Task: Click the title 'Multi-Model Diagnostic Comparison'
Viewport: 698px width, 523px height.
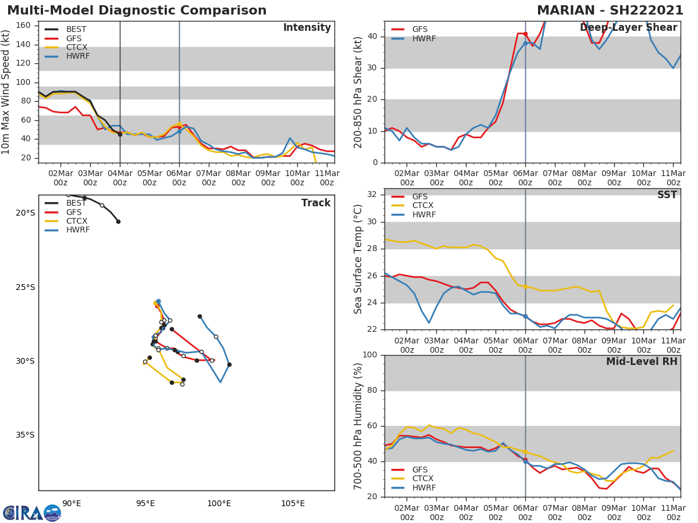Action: tap(137, 10)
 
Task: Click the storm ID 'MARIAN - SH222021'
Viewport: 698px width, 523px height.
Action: tap(610, 10)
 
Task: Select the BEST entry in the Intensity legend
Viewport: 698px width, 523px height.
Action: tap(76, 29)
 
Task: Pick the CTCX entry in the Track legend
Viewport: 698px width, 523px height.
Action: tap(76, 221)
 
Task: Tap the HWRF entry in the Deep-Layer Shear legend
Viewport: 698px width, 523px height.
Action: tap(423, 38)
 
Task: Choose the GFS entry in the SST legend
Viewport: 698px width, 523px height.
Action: tap(420, 196)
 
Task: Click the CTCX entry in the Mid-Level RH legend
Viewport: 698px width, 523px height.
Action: tap(423, 479)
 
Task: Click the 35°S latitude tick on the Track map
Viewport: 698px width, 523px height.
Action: tap(25, 435)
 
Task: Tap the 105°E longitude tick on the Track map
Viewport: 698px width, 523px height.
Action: tap(293, 503)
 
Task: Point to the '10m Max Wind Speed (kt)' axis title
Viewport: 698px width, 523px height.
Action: tap(6, 92)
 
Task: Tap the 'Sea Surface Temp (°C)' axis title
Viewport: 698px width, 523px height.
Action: tap(358, 259)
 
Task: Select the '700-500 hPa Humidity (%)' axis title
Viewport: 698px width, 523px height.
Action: tap(358, 426)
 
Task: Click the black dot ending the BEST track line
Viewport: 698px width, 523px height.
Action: tap(118, 221)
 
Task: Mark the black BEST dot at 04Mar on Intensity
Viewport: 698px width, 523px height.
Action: tap(120, 134)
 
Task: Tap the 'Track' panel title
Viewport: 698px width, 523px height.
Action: tap(315, 203)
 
